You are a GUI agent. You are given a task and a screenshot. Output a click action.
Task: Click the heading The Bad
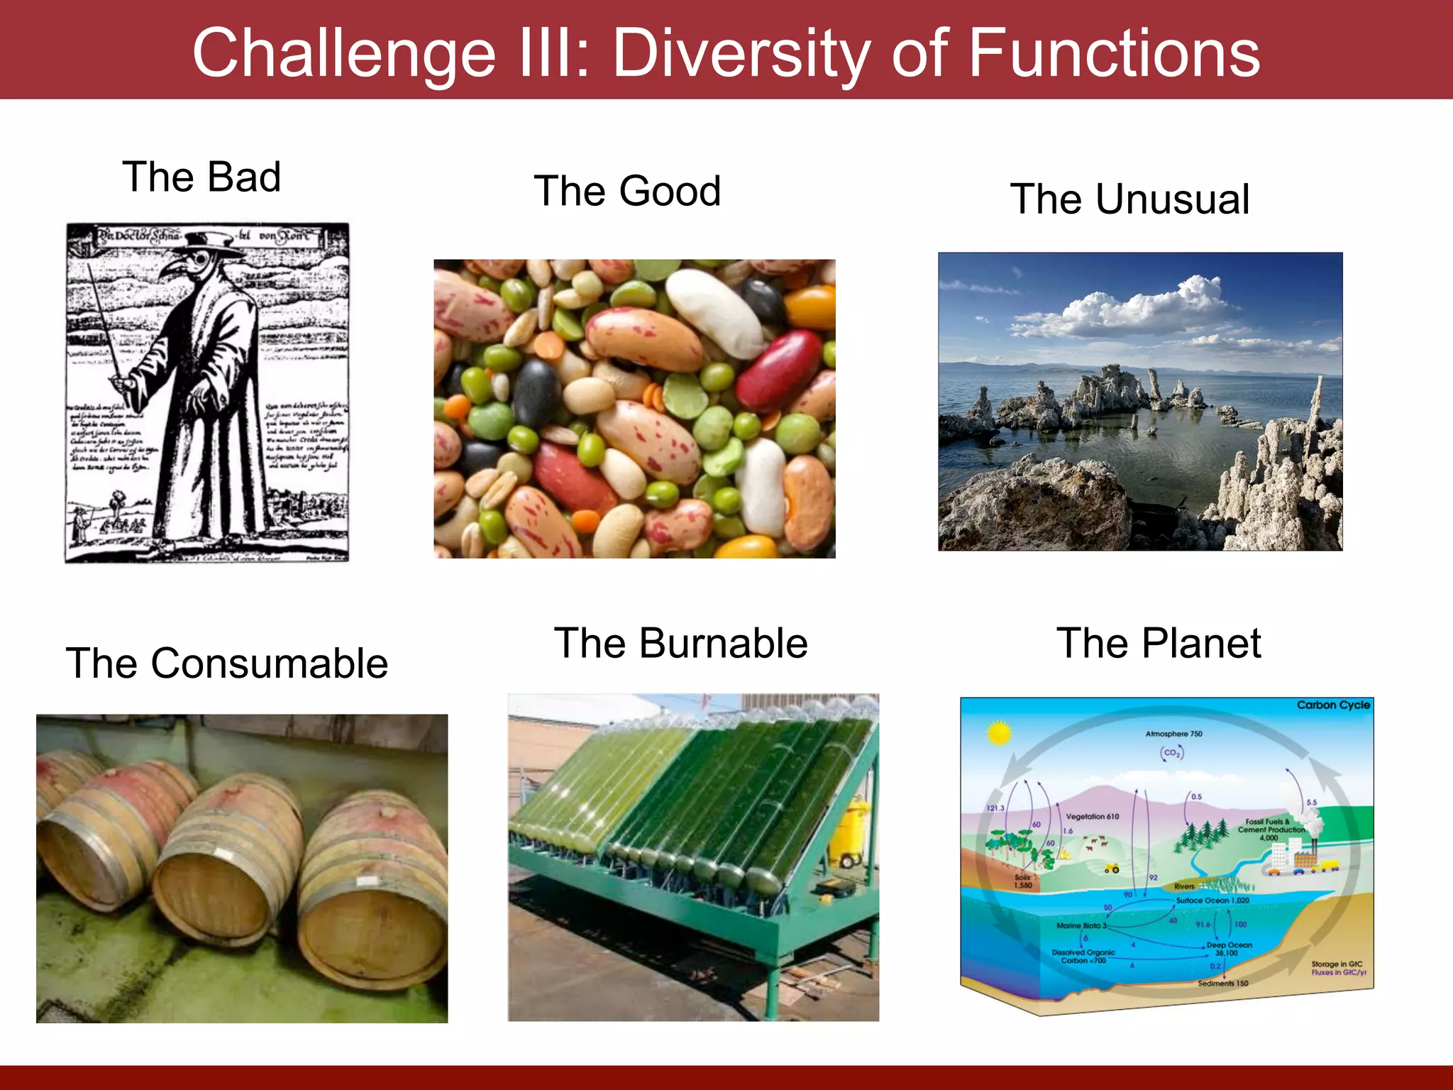click(x=201, y=177)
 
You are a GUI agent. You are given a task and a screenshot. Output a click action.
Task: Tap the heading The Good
click(x=627, y=191)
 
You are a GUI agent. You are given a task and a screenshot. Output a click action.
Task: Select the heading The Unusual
click(x=1129, y=199)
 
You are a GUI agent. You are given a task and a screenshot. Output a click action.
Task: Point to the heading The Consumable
click(x=226, y=664)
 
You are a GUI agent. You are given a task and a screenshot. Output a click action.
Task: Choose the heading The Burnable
click(x=680, y=644)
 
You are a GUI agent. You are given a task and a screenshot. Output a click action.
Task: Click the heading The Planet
click(x=1159, y=644)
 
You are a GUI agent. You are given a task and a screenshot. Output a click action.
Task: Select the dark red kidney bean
click(x=780, y=369)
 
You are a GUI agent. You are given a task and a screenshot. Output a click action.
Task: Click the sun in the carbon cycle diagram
click(x=999, y=732)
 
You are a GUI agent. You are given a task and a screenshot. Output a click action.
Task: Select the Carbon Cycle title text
click(x=1332, y=705)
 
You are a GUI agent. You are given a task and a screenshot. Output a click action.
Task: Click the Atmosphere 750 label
click(x=1173, y=734)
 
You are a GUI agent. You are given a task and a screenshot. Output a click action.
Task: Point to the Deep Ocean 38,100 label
click(x=1229, y=949)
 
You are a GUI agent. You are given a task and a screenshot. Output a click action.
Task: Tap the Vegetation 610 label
click(x=1092, y=816)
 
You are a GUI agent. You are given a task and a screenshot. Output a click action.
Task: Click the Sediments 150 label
click(x=1222, y=983)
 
